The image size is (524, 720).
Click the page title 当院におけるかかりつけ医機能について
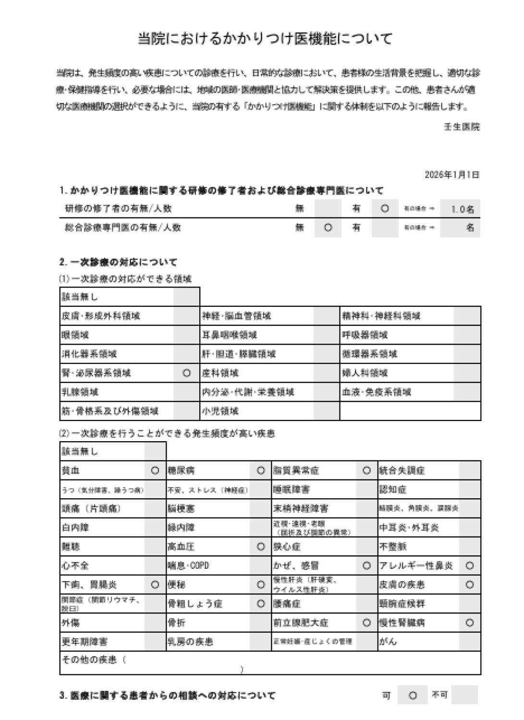[x=265, y=38]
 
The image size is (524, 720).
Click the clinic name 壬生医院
[x=462, y=127]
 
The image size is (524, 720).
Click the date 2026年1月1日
[x=452, y=175]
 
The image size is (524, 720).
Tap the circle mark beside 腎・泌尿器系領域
[x=187, y=373]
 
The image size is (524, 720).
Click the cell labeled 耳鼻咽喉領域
[x=229, y=335]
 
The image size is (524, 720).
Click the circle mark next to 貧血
[x=155, y=470]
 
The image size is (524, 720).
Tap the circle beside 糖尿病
[x=261, y=470]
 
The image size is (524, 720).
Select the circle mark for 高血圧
[x=261, y=547]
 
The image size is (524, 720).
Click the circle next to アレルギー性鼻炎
[x=469, y=566]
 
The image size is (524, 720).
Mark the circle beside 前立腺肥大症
[x=366, y=623]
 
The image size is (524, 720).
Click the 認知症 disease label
[x=392, y=490]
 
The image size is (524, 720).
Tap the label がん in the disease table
[x=388, y=642]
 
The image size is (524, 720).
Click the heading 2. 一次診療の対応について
[x=118, y=262]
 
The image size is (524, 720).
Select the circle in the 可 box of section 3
[x=412, y=695]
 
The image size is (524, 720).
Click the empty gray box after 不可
[x=464, y=695]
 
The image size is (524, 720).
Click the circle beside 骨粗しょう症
[x=261, y=604]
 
